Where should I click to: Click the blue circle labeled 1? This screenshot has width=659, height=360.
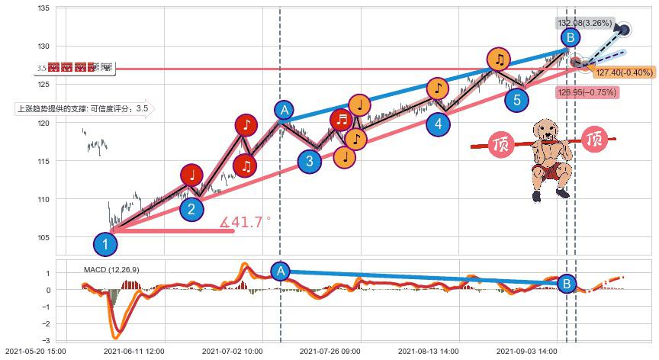tap(105, 245)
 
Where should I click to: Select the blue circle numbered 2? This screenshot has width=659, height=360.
tap(191, 208)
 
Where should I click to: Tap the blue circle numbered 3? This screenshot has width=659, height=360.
tap(309, 161)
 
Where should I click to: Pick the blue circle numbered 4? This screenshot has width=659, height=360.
tap(438, 124)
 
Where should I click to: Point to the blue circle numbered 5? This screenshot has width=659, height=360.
tap(517, 99)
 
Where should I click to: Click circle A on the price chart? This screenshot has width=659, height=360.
tap(284, 111)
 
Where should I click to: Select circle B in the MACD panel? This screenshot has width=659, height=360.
tap(566, 284)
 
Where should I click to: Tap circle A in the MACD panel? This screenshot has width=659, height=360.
tap(281, 271)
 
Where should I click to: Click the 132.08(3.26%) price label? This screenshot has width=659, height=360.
tap(583, 23)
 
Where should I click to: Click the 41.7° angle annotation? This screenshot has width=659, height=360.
tap(246, 223)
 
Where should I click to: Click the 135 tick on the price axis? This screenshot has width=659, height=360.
tap(43, 8)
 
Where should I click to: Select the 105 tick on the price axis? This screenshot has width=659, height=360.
tap(43, 237)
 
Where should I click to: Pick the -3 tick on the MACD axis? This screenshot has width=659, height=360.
tap(49, 340)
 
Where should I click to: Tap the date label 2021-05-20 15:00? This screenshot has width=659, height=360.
tap(35, 352)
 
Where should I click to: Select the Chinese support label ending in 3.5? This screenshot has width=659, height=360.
tap(83, 109)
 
